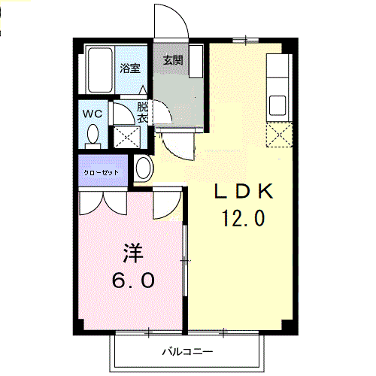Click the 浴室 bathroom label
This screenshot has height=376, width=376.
pyautogui.click(x=130, y=68)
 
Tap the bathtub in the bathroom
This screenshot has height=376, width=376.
pyautogui.click(x=100, y=70)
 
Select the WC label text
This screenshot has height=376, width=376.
pyautogui.click(x=92, y=114)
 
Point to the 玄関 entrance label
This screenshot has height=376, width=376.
pyautogui.click(x=173, y=60)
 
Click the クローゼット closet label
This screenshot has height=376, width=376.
pyautogui.click(x=101, y=172)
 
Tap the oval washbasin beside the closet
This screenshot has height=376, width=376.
pyautogui.click(x=144, y=168)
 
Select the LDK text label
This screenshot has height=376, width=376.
pyautogui.click(x=244, y=192)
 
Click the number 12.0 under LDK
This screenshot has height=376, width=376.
pyautogui.click(x=244, y=218)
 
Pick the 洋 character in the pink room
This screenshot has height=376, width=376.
pyautogui.click(x=133, y=253)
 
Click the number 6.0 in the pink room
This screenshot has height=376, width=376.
pyautogui.click(x=133, y=280)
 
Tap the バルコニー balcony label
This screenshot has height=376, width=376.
pyautogui.click(x=187, y=352)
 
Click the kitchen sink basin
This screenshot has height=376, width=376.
pyautogui.click(x=277, y=105)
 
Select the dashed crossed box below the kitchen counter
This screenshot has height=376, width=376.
pyautogui.click(x=280, y=135)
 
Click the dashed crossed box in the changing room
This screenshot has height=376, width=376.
pyautogui.click(x=127, y=137)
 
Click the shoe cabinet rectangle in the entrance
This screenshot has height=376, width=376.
pyautogui.click(x=196, y=62)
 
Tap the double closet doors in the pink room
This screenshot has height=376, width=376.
pyautogui.click(x=103, y=202)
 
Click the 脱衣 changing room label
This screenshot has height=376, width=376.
pyautogui.click(x=142, y=114)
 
